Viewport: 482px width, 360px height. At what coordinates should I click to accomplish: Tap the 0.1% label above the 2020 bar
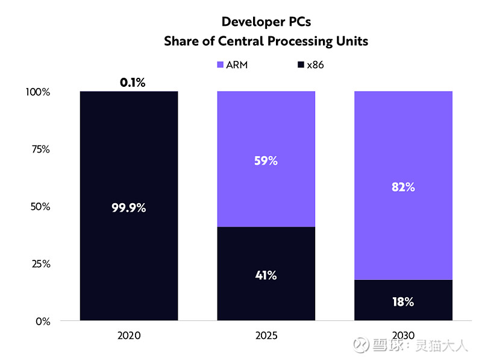tap(133, 83)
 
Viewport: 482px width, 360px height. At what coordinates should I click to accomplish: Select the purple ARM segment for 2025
tap(266, 133)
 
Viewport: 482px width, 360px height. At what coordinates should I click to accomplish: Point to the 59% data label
tap(266, 161)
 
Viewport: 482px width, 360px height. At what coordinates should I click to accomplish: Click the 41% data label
tap(266, 276)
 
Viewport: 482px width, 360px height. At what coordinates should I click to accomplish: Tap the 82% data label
tap(402, 187)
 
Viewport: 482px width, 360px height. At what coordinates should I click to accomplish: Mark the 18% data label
tap(402, 302)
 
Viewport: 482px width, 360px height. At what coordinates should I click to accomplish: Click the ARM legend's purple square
tap(221, 65)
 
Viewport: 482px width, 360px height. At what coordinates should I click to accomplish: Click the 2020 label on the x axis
tap(130, 335)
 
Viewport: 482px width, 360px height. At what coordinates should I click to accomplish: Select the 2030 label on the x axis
tap(402, 335)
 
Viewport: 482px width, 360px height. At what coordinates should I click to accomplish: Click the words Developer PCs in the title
tap(266, 22)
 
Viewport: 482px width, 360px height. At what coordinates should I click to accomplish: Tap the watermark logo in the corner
tap(361, 345)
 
